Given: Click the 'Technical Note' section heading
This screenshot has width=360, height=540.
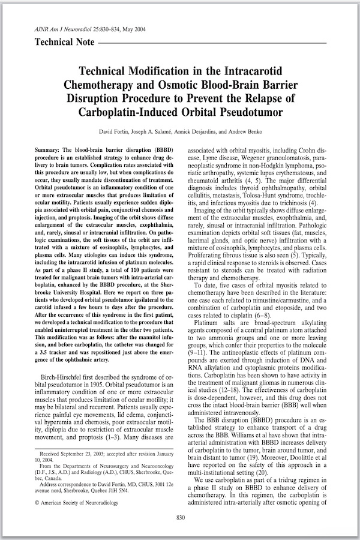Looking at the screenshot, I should pos(65,43).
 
